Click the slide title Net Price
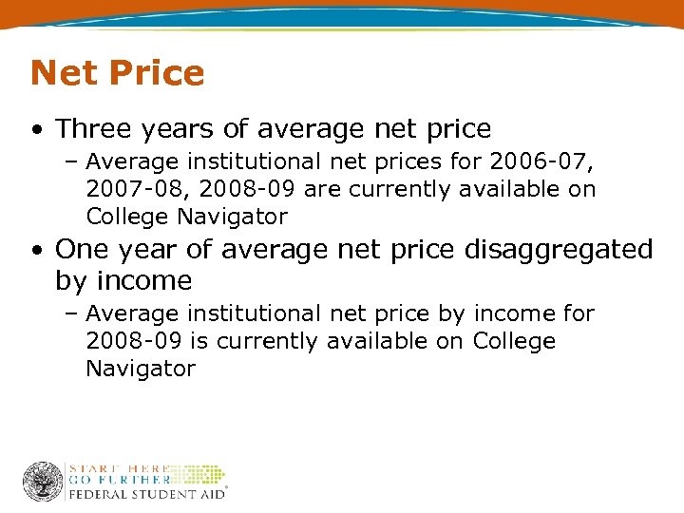117,73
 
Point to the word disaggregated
560,250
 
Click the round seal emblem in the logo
43,481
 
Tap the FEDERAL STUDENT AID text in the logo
144,494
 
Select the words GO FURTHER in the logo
117,481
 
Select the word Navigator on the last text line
140,369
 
